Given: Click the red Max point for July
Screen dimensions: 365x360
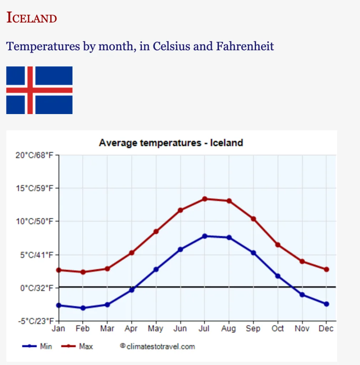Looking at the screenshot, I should (x=204, y=199).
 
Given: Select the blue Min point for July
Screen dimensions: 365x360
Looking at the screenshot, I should (x=204, y=236).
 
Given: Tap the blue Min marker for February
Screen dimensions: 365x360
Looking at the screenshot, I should (x=83, y=308).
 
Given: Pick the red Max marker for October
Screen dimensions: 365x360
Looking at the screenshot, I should (x=278, y=245).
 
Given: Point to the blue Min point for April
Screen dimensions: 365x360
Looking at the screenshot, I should (x=132, y=290).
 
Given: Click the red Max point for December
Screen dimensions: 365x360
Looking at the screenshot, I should (x=326, y=269).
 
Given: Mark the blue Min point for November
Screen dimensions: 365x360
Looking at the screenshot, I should (x=302, y=295).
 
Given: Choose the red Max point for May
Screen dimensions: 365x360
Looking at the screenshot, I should (x=156, y=232).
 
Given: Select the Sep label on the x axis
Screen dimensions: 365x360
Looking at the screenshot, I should (x=253, y=328).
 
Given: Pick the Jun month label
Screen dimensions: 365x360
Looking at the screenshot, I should (x=180, y=328).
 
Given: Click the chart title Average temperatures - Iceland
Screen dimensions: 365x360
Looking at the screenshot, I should (x=171, y=143).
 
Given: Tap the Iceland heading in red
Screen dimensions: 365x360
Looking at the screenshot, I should (x=32, y=18).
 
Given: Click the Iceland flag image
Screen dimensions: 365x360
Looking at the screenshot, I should (x=39, y=90).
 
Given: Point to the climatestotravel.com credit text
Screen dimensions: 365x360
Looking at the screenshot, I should (x=158, y=346).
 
